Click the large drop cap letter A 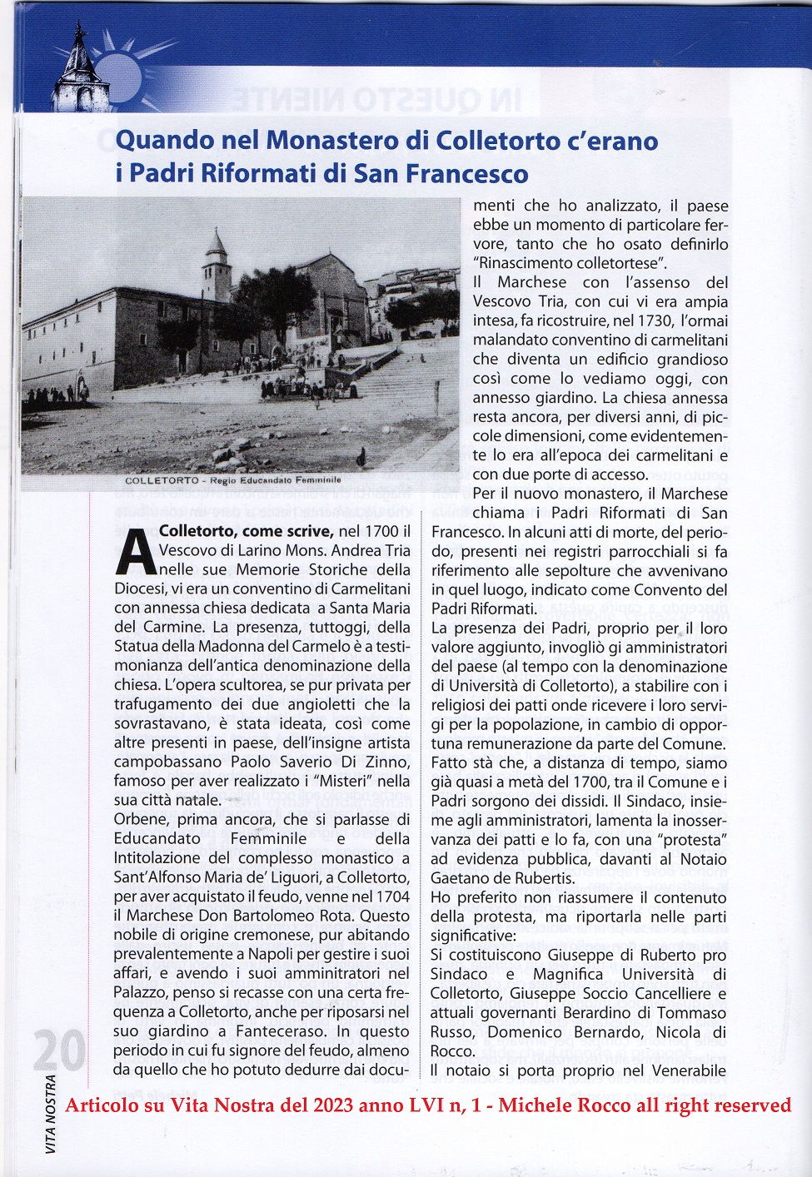pos(133,551)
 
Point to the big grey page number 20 pos(60,1053)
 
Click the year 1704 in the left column pos(392,896)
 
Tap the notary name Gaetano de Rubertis pos(502,878)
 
